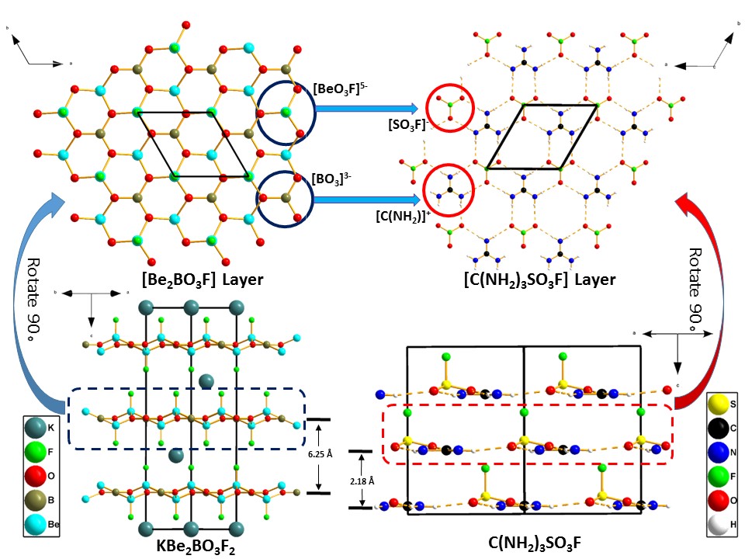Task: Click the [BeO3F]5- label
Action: tap(336, 90)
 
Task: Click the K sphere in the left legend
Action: tap(35, 428)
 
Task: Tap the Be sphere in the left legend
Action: tap(35, 524)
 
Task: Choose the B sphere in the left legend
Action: tap(35, 500)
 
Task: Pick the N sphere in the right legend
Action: tap(719, 453)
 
